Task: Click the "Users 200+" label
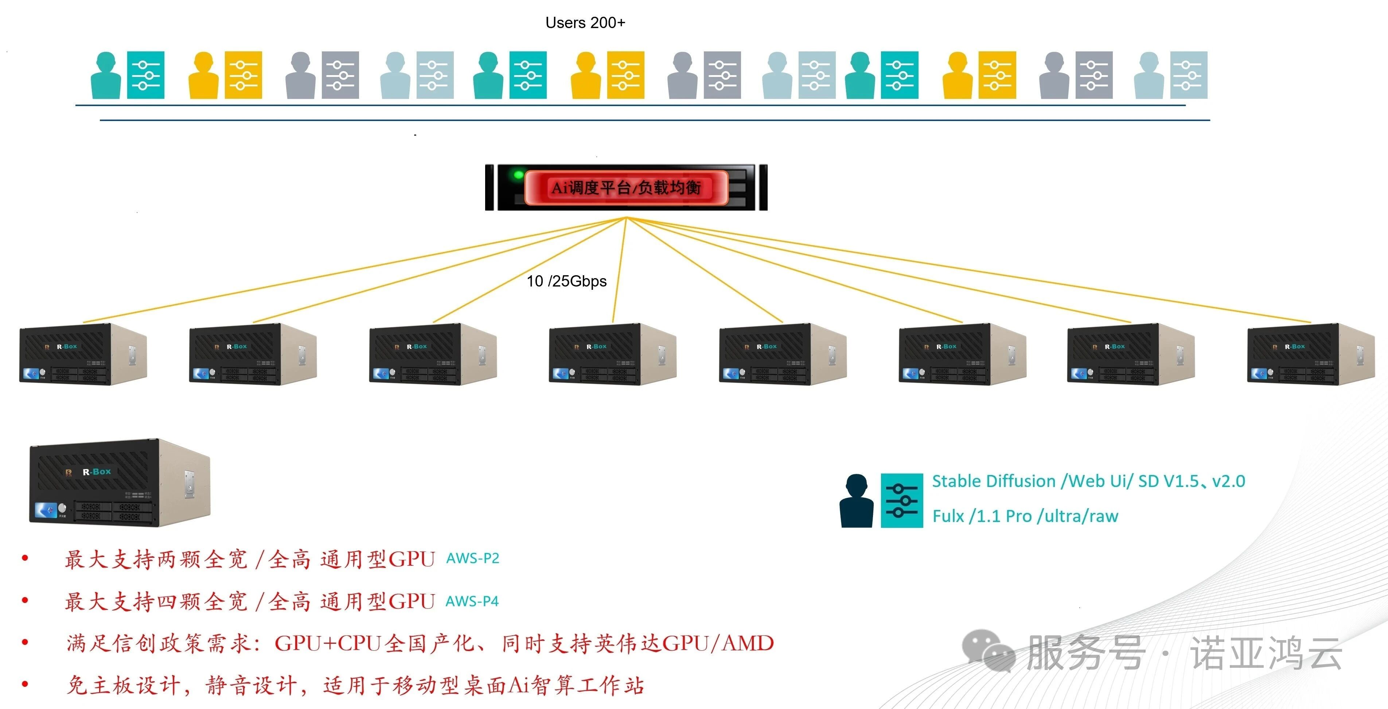coord(585,23)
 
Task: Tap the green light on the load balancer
coord(518,175)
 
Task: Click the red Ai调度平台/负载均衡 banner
coord(626,187)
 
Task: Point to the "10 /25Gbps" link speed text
coord(566,281)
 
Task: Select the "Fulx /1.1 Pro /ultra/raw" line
coord(1025,516)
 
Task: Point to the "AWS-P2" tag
coord(472,558)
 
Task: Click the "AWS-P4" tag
coord(472,601)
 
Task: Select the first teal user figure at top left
coord(106,75)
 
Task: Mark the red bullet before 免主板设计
coord(25,684)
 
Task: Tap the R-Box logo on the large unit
coord(97,472)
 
